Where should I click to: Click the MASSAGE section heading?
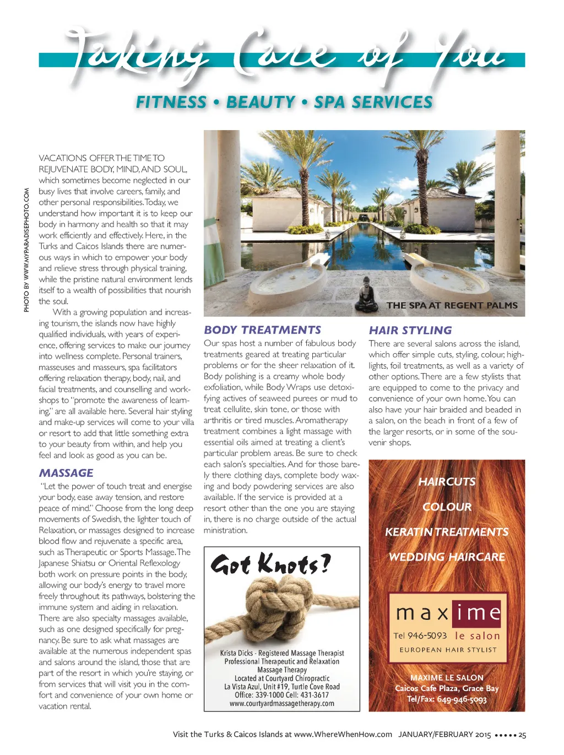66,473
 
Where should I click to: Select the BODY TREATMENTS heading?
262,330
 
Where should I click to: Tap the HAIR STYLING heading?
410,331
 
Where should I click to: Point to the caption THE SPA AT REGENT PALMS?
452,305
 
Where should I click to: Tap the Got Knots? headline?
270,564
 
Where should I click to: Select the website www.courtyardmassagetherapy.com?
281,703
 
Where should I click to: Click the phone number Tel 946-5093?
420,635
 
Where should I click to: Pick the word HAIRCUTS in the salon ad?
447,482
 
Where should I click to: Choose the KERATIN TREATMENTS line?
447,532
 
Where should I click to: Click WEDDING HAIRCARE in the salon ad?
447,557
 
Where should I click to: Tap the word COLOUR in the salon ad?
447,507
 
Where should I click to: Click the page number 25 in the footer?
522,735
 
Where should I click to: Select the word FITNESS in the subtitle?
171,103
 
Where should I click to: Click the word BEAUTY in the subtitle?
261,103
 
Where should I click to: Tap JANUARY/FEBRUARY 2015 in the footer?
444,735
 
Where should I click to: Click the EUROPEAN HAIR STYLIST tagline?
448,650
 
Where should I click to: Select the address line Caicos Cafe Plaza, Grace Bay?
447,688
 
